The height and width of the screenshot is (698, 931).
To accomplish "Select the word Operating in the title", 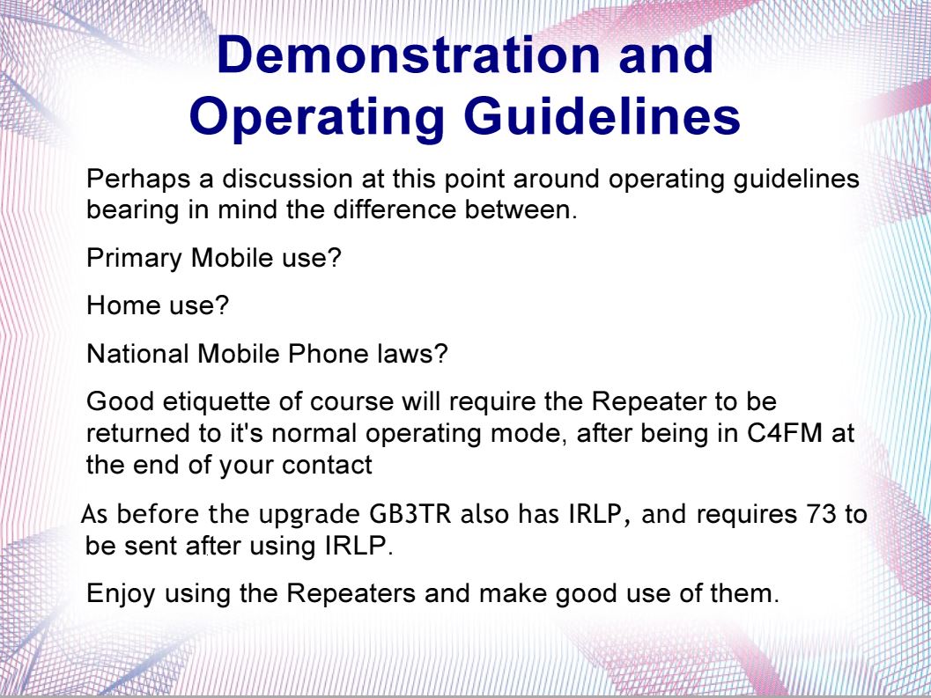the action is [x=317, y=118].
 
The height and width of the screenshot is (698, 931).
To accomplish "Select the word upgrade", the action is [x=309, y=515].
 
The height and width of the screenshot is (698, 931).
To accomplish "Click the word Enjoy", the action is [x=122, y=594].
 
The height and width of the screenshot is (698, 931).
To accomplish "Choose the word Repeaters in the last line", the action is [x=351, y=594].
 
